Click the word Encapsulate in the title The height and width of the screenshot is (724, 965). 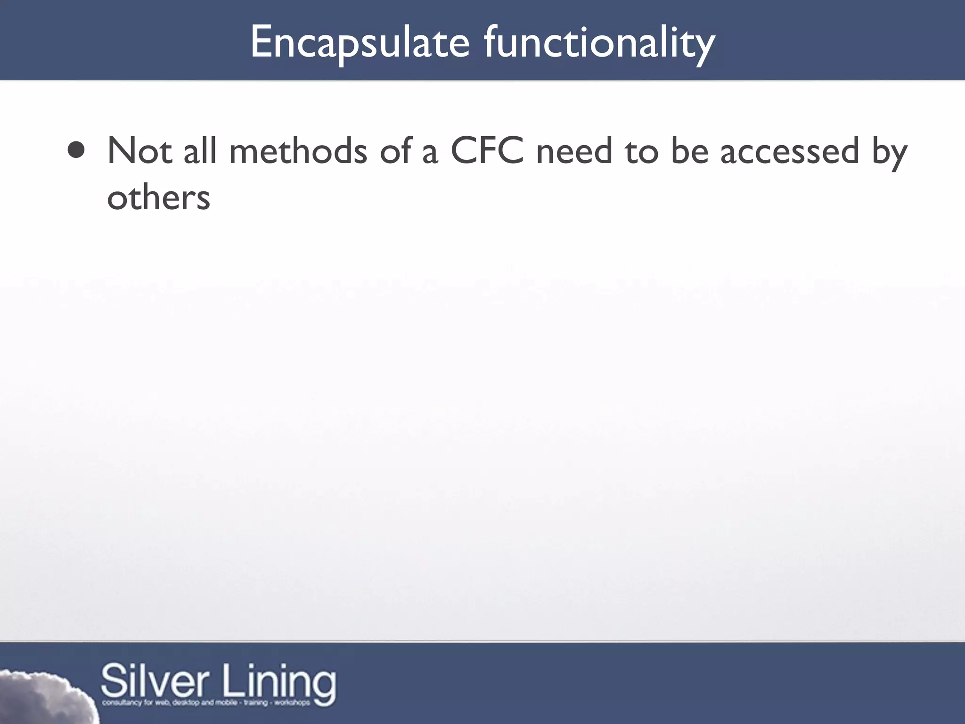coord(360,43)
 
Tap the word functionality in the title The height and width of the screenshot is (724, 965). coord(599,43)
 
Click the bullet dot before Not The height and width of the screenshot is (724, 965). coord(76,150)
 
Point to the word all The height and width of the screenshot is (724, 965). coord(200,151)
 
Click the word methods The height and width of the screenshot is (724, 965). coord(298,151)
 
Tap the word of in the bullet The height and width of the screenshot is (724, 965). coord(395,151)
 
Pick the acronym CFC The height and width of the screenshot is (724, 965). coord(487,151)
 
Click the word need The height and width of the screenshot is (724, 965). coord(574,151)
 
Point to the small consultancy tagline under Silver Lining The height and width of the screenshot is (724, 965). coord(206,703)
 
